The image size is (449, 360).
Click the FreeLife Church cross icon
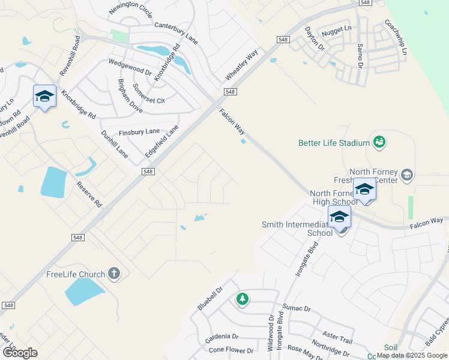(x=114, y=274)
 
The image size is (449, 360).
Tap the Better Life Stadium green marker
(x=379, y=142)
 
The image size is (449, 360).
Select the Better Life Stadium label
(x=334, y=143)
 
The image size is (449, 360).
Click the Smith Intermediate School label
(x=297, y=229)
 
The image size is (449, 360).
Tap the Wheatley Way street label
(x=241, y=65)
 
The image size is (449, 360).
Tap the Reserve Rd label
(x=89, y=193)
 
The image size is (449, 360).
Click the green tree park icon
(x=243, y=298)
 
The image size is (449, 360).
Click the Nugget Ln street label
(x=337, y=28)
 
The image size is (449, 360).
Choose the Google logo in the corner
(x=20, y=353)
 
